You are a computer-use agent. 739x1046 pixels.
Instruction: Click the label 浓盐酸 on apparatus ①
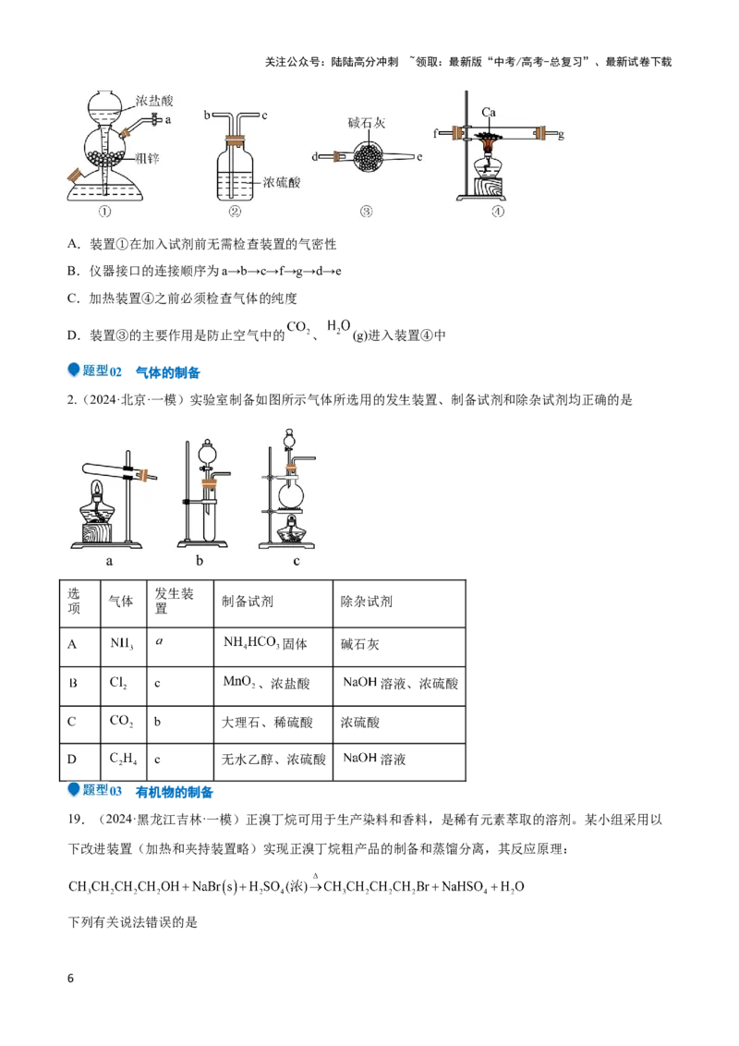coord(154,101)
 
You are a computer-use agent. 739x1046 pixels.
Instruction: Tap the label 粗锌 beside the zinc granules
coord(147,159)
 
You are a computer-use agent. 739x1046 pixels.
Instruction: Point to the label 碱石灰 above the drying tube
coord(366,123)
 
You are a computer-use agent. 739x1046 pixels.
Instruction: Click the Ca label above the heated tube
coord(489,112)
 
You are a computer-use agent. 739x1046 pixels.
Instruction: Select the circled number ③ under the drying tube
coord(366,212)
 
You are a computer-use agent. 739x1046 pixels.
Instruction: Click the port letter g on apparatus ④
coord(561,135)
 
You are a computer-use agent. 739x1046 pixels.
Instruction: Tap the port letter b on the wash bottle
coord(208,116)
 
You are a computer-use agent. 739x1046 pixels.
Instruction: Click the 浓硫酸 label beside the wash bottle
coord(282,182)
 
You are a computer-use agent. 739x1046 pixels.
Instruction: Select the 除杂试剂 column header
coord(399,603)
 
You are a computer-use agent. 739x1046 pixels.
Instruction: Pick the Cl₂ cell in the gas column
coord(124,685)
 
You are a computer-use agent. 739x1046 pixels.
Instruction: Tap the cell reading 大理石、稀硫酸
coord(273,724)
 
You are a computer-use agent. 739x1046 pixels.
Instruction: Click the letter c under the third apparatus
coord(297,561)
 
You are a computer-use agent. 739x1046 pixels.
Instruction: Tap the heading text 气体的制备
coord(167,372)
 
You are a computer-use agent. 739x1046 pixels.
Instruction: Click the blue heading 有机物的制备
coord(174,792)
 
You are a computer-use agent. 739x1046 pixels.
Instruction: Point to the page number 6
coord(71,979)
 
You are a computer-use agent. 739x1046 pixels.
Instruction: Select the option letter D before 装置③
coord(73,335)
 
